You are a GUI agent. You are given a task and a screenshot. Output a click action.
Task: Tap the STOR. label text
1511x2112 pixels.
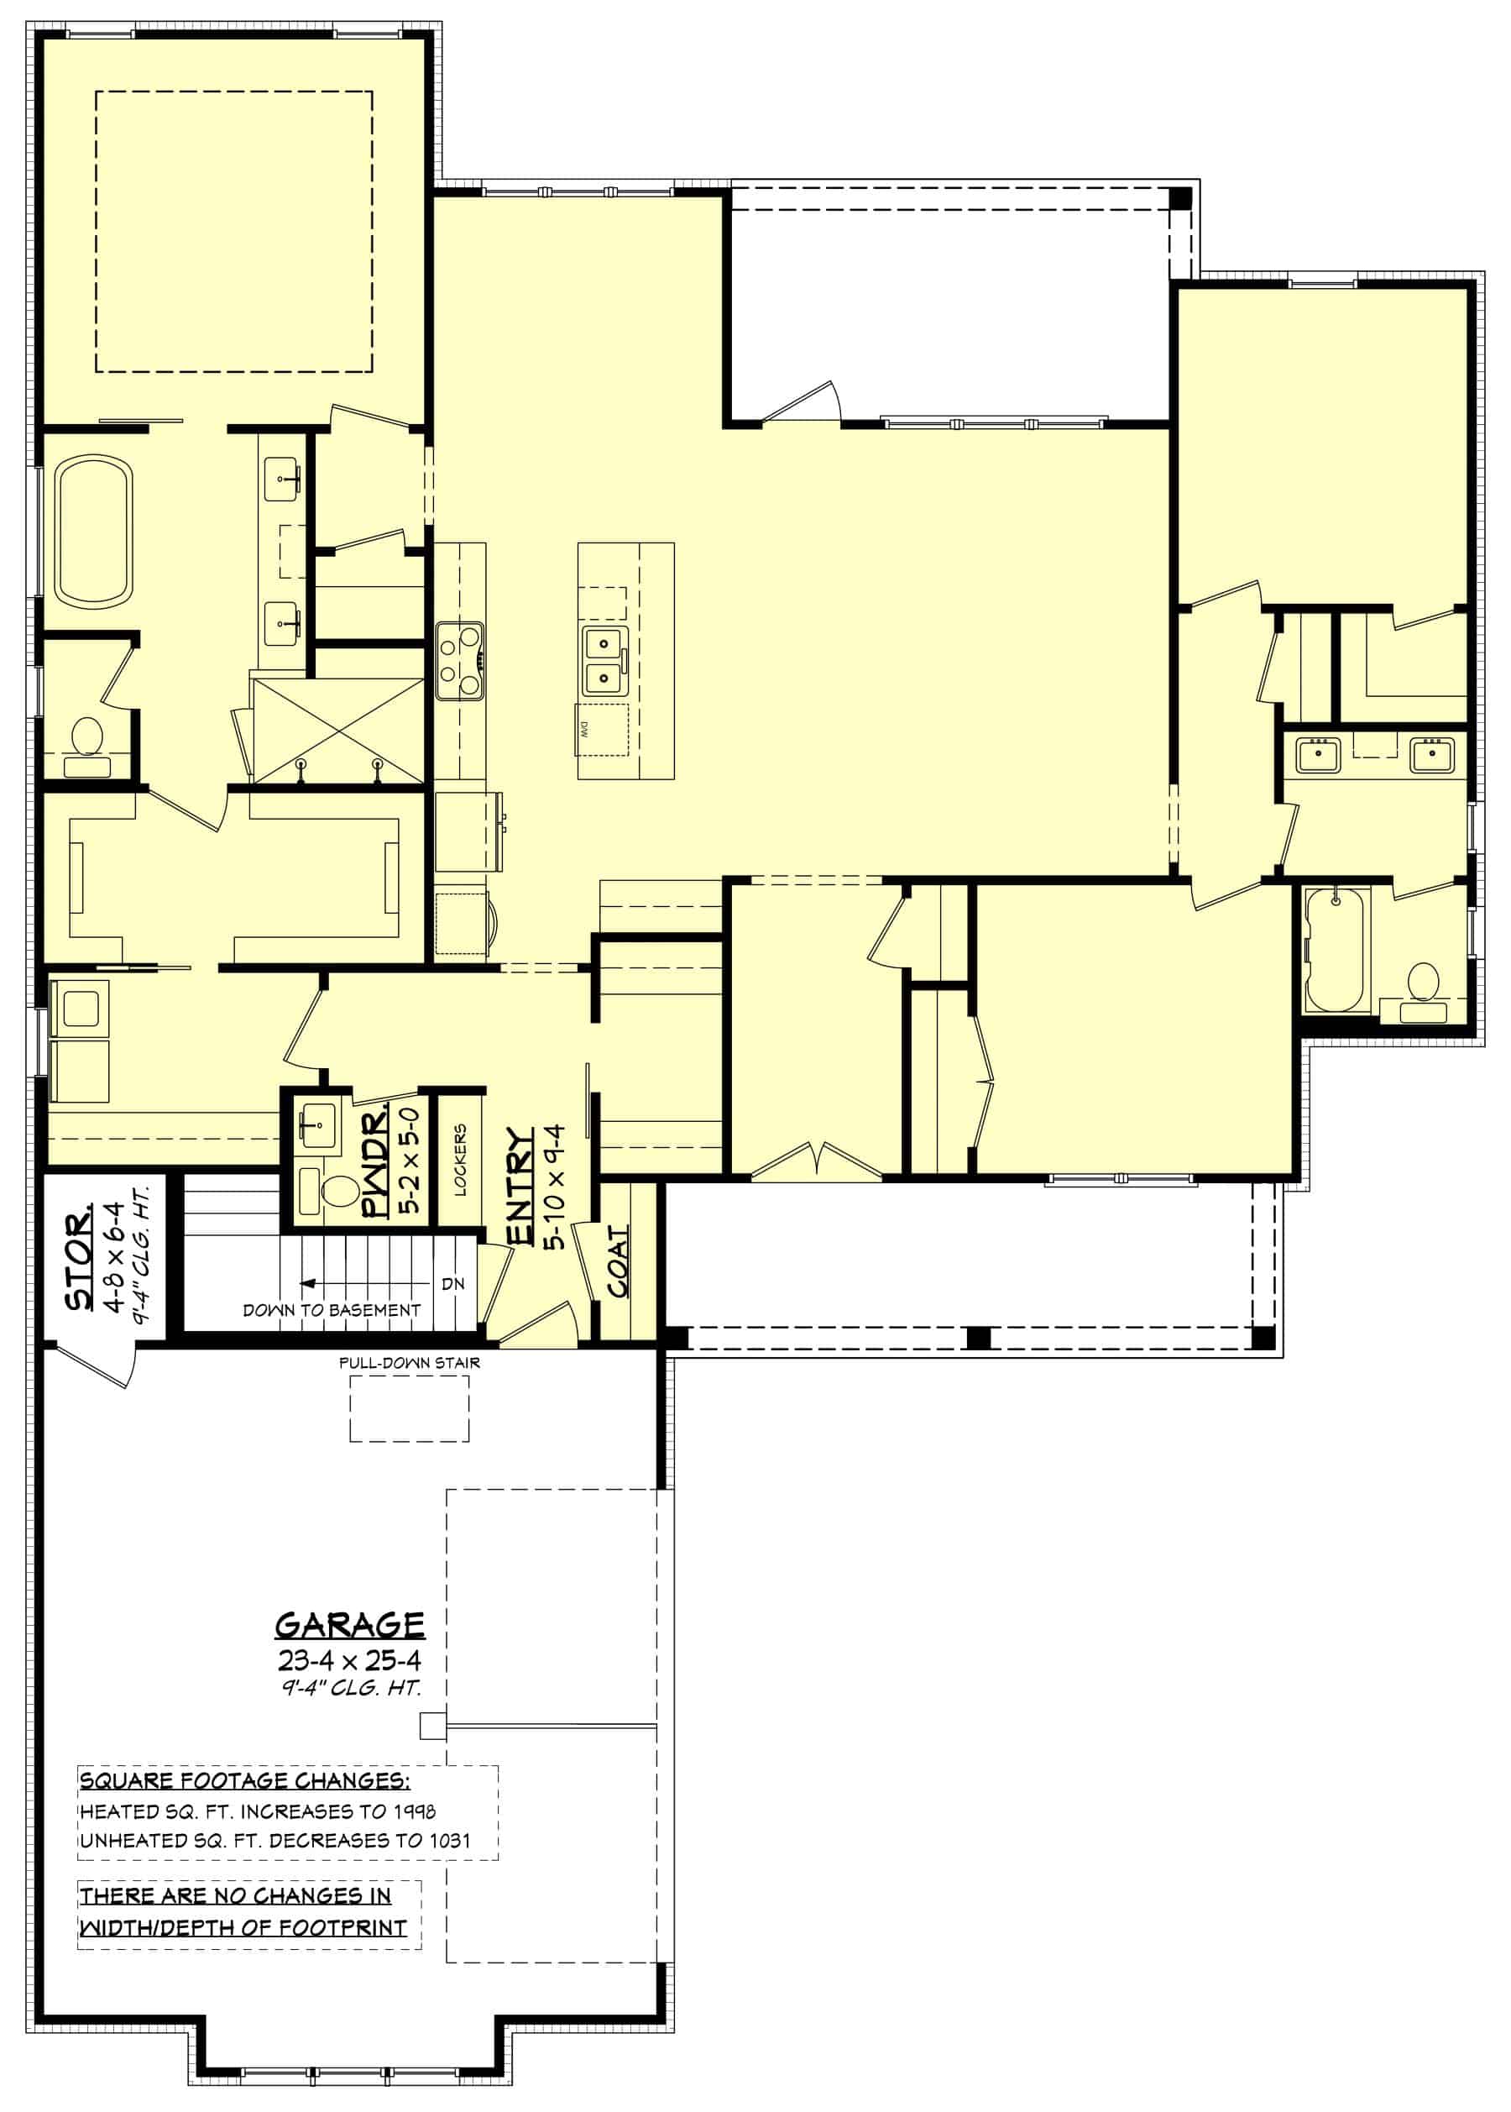tap(79, 1256)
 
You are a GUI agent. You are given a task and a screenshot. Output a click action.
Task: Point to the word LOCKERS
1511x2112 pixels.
tap(460, 1160)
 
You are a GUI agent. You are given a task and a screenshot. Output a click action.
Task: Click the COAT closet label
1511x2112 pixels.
tap(618, 1261)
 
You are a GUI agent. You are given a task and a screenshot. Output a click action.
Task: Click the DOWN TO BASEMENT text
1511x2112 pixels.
tap(332, 1310)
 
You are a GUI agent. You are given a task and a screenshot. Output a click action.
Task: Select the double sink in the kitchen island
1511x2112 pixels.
tap(604, 660)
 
